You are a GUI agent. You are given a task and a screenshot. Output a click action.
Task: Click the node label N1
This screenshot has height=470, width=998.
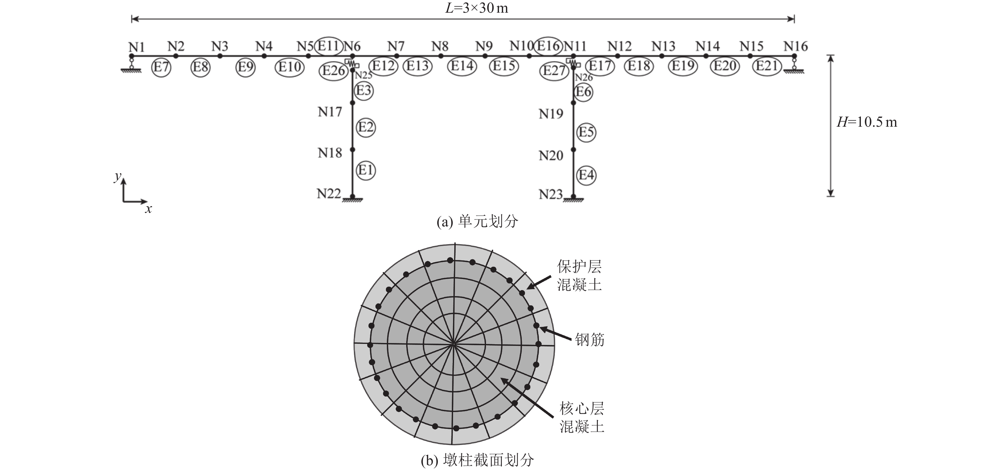(136, 47)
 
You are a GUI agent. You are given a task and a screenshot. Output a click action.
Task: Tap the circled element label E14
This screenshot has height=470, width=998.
(462, 66)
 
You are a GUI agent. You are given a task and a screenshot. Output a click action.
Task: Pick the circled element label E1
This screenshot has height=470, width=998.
(365, 170)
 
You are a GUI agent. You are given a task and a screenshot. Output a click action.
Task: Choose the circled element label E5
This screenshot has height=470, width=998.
(586, 132)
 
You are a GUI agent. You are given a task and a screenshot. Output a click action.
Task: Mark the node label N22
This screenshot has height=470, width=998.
(329, 193)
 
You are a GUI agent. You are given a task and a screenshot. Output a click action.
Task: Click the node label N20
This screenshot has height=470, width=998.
(551, 155)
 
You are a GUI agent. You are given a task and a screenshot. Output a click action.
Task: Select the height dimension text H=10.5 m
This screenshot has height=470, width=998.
(867, 122)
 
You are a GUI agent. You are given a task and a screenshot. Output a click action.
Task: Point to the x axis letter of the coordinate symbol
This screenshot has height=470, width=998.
(148, 209)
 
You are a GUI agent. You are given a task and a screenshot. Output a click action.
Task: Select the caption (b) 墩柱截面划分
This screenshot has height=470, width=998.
(477, 460)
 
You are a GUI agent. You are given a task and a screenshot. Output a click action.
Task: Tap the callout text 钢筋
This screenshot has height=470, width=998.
(590, 340)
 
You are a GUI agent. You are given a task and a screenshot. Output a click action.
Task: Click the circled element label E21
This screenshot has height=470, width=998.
(767, 66)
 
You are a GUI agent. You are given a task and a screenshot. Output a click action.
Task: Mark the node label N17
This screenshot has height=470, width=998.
(330, 112)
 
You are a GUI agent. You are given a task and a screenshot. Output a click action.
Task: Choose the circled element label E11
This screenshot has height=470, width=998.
(329, 46)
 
